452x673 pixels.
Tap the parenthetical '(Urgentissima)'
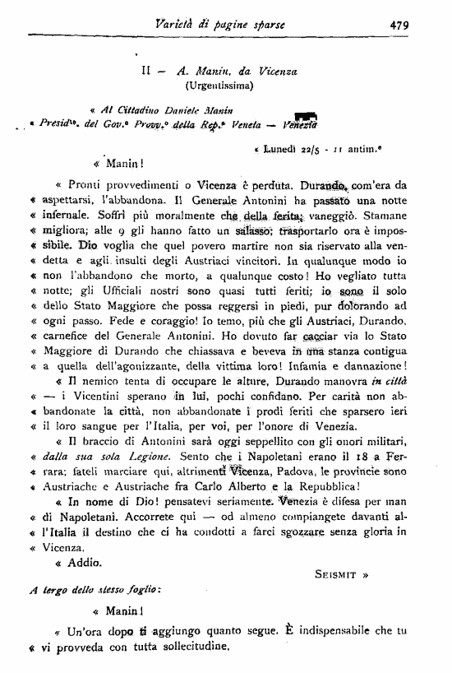coord(219,85)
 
